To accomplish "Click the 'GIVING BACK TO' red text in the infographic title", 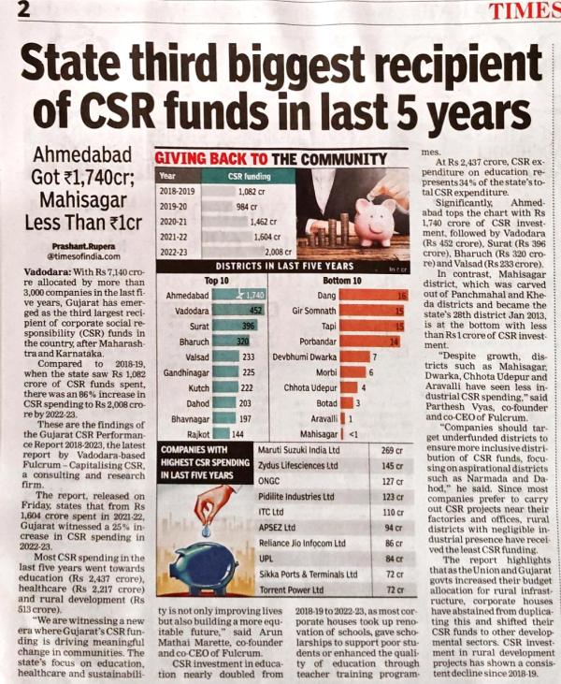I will point(199,158).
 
